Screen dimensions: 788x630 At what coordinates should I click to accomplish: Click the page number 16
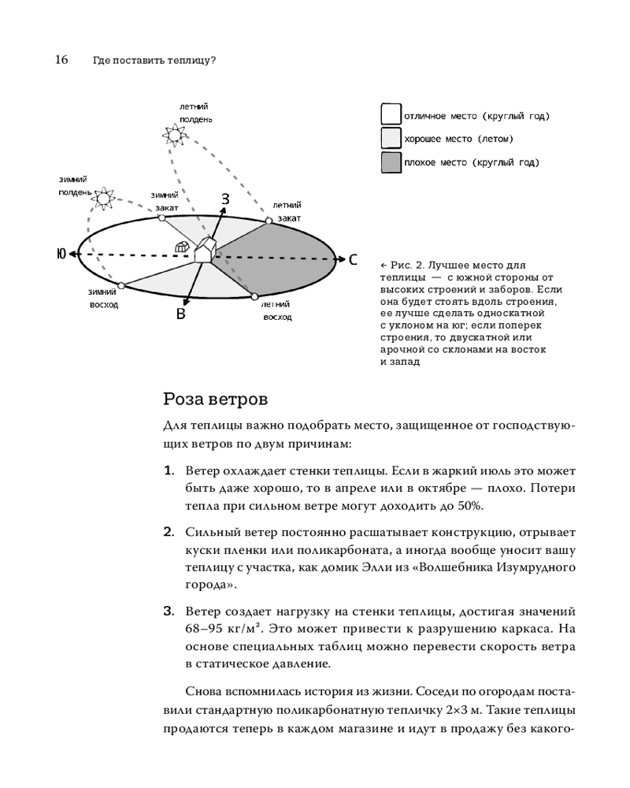61,59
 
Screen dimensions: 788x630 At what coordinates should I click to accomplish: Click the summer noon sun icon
172,135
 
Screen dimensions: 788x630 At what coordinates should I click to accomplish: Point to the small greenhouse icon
182,247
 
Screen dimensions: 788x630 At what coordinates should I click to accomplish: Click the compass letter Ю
61,254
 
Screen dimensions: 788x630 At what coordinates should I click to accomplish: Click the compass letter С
354,259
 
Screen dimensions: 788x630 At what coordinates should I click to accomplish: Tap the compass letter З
224,199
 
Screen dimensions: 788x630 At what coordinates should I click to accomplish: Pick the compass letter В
180,314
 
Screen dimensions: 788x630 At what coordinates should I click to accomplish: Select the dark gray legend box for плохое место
391,162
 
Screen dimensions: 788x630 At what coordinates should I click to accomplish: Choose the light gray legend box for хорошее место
391,139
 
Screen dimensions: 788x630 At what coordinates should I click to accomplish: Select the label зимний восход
102,298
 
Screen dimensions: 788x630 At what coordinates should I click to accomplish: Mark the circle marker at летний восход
254,296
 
